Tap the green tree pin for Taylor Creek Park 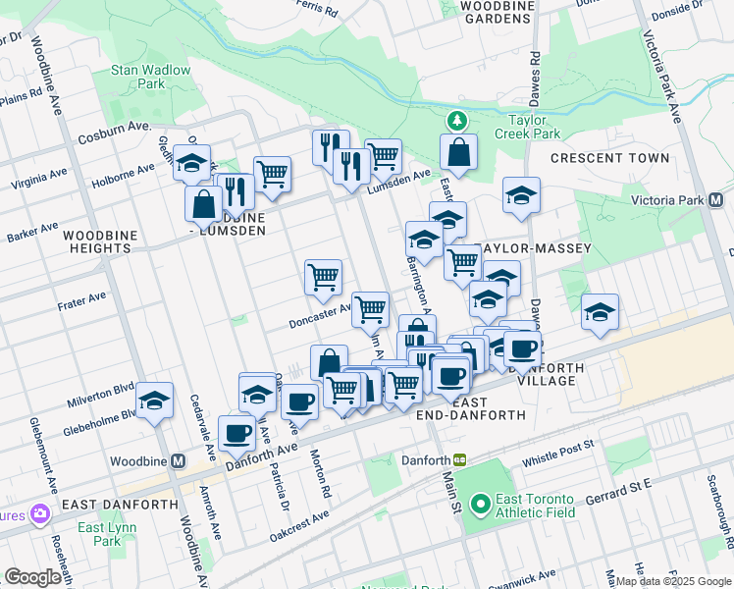click(455, 121)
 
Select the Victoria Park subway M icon click(715, 200)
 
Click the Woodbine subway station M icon click(179, 460)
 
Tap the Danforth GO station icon click(459, 459)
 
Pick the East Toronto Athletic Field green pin click(480, 506)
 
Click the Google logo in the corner click(33, 577)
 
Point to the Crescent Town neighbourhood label click(609, 158)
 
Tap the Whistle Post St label click(558, 445)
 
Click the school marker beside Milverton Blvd click(154, 401)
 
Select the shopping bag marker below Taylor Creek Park click(458, 152)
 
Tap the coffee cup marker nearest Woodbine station click(236, 432)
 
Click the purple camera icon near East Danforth click(40, 513)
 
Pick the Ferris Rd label click(316, 11)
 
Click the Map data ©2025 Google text click(673, 581)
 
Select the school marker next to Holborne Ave click(192, 162)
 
